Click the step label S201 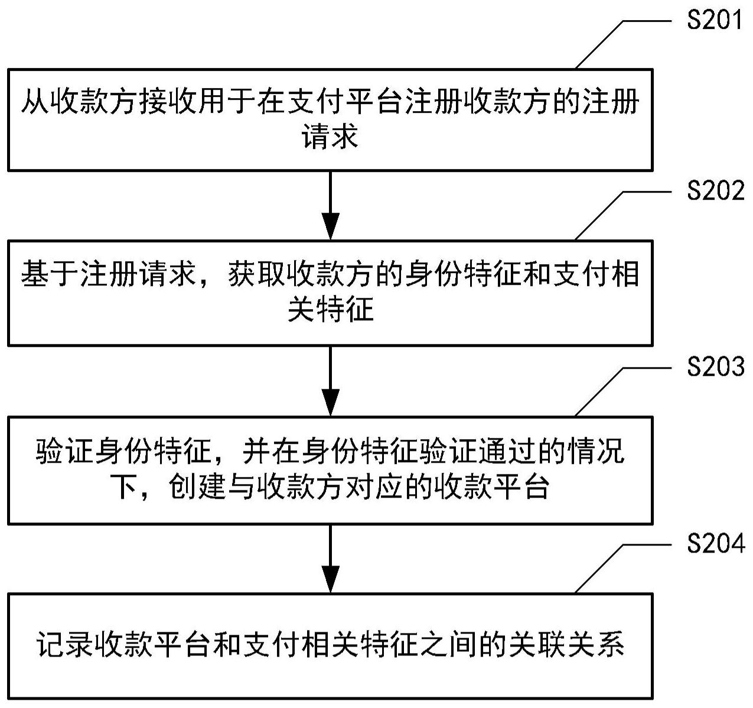tap(715, 21)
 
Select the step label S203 tap(715, 368)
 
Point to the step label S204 tap(715, 544)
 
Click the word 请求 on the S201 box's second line tap(330, 137)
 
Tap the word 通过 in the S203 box tap(508, 452)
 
